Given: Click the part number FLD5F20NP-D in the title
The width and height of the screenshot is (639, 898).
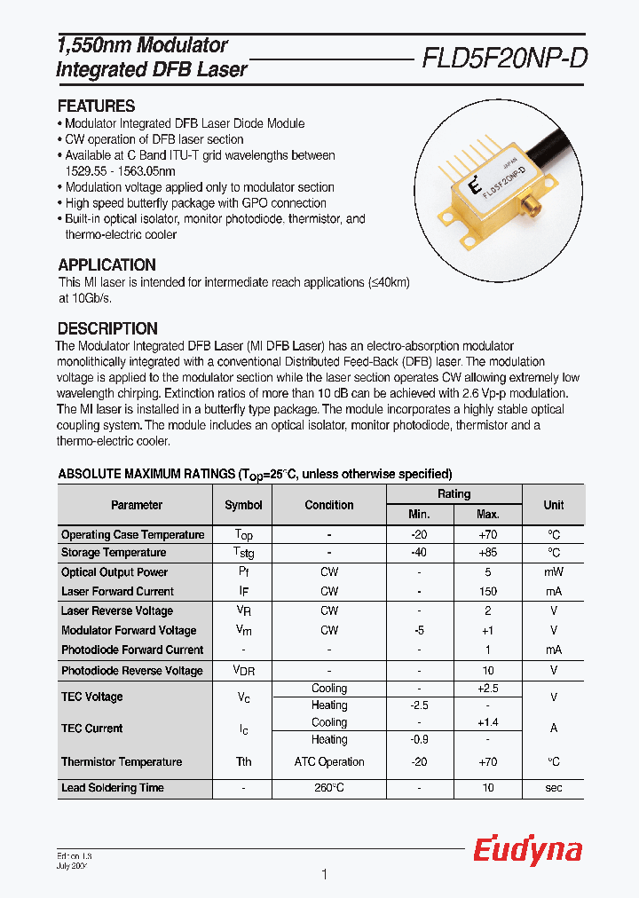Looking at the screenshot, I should click(504, 59).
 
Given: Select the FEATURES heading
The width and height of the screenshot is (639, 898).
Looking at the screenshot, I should click(96, 106).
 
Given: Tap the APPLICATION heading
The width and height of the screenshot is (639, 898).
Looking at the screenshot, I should click(106, 264).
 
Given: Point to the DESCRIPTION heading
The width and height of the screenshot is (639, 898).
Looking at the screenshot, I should click(107, 327).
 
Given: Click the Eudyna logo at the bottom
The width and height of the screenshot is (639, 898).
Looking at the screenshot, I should click(527, 850).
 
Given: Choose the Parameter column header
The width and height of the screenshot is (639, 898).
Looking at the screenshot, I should click(136, 505).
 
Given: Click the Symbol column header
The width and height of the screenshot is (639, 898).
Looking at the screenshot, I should click(243, 505).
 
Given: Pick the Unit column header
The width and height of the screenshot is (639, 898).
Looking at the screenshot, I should click(553, 505).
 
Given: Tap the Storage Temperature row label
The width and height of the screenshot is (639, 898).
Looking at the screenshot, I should click(114, 553).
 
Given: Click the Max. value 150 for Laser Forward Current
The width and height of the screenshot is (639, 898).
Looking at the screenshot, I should click(487, 591).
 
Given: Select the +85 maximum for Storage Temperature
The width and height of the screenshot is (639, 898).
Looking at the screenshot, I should click(487, 553).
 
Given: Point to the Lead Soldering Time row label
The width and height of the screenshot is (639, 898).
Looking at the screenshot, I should click(112, 788).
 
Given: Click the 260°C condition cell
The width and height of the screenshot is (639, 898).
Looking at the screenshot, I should click(329, 788).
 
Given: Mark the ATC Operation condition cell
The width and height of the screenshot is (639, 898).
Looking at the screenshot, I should click(329, 761).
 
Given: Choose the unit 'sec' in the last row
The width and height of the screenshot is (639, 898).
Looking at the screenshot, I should click(553, 788).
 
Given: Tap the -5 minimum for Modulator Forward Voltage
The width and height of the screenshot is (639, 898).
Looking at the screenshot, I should click(419, 630).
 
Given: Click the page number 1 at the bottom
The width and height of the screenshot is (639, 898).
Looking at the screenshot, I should click(324, 875).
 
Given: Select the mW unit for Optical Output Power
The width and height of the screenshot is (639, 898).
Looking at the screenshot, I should click(553, 572).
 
